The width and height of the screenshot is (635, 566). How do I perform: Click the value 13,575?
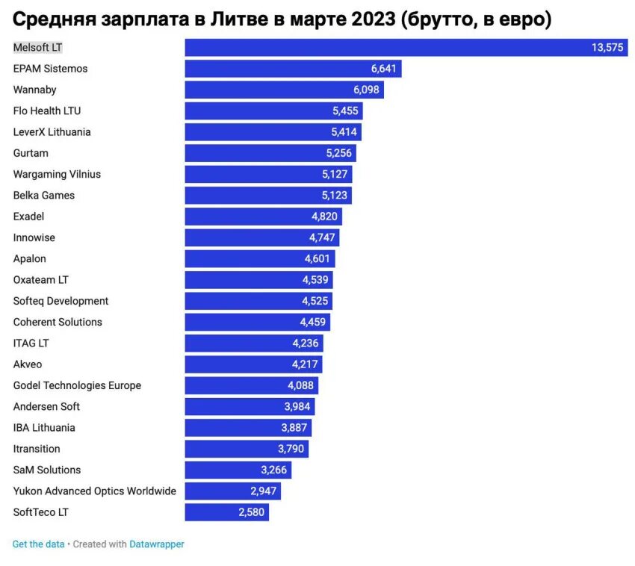pyautogui.click(x=607, y=47)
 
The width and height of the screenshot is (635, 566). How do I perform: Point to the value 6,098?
pyautogui.click(x=366, y=90)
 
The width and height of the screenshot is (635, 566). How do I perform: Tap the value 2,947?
pyautogui.click(x=263, y=491)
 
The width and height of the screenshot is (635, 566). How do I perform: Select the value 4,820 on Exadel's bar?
pyautogui.click(x=324, y=217)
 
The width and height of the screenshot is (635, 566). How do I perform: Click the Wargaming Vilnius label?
pyautogui.click(x=57, y=174)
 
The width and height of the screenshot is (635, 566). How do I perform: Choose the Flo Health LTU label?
pyautogui.click(x=47, y=111)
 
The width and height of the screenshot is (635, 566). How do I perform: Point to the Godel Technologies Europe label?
pyautogui.click(x=77, y=385)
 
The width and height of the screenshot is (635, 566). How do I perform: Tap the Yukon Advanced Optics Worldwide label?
pyautogui.click(x=95, y=491)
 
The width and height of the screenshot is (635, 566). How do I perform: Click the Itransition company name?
pyautogui.click(x=37, y=449)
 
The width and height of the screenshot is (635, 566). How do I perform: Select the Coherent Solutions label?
pyautogui.click(x=58, y=322)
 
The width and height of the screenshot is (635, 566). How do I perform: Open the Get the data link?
pyautogui.click(x=39, y=544)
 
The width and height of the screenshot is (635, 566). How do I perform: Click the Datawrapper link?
pyautogui.click(x=157, y=544)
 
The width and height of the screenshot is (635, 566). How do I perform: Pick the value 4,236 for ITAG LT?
pyautogui.click(x=306, y=343)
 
